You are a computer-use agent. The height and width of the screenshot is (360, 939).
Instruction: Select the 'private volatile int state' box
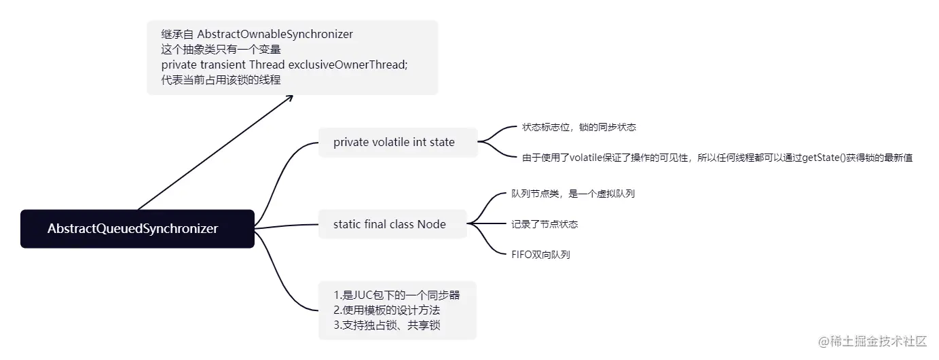point(398,142)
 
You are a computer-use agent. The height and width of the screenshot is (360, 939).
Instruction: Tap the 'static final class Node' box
point(392,224)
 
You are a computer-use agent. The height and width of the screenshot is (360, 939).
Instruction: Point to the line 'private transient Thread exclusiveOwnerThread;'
point(284,65)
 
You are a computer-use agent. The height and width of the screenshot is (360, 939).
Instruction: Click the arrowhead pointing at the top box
point(289,98)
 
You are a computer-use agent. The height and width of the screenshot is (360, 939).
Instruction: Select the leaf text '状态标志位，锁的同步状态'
point(578,127)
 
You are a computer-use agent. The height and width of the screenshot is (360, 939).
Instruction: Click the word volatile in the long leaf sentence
point(591,158)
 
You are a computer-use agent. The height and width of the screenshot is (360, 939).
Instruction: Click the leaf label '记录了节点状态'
point(545,224)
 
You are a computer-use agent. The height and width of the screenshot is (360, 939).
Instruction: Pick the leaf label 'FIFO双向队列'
point(540,255)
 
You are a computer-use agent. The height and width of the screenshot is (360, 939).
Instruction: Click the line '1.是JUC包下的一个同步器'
point(397,295)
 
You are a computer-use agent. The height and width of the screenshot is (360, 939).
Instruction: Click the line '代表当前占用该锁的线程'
point(221,79)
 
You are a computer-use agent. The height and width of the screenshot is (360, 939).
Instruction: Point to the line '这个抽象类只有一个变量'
point(221,49)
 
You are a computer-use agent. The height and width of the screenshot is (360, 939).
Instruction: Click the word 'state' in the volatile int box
point(442,142)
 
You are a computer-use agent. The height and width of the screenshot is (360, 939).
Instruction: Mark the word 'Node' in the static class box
point(431,224)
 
